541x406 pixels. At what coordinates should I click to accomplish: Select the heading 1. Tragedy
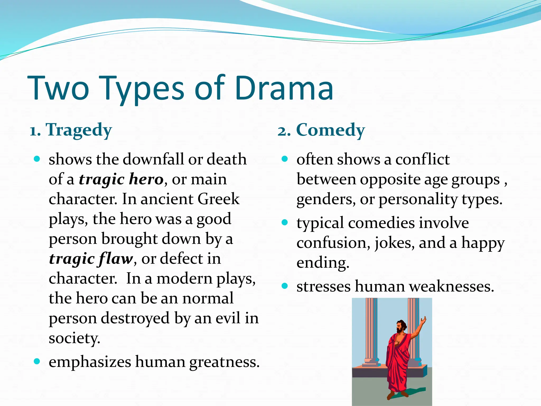coord(71,130)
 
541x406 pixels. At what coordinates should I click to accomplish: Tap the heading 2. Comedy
coord(321,130)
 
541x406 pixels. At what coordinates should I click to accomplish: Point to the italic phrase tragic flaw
coord(91,259)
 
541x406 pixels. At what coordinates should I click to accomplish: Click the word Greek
coord(218,199)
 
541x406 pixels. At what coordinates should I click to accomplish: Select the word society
coord(74,338)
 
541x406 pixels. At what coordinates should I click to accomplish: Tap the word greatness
coord(224,362)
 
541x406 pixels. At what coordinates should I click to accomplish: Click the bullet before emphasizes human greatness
coord(37,361)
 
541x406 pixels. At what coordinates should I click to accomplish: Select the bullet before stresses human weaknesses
coord(285,286)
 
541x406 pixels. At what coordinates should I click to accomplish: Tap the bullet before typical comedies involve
coord(285,223)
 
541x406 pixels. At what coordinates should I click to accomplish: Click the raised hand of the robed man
coord(423,320)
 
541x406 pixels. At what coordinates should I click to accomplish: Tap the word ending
coord(323,263)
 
